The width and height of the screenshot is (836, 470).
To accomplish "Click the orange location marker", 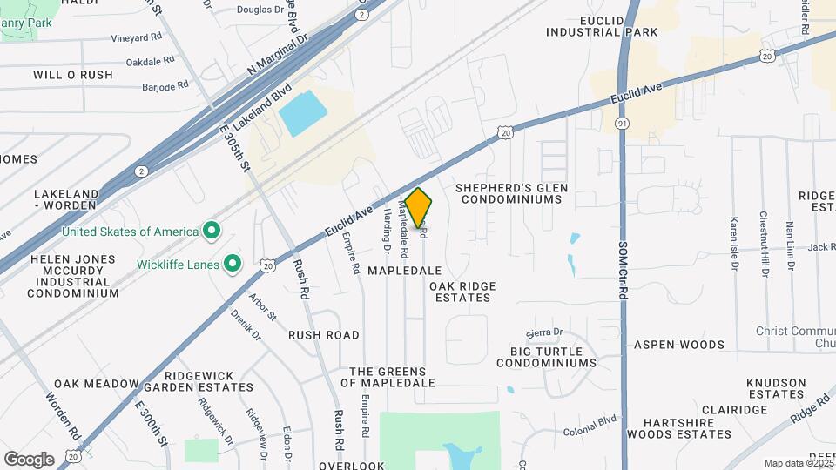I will pyautogui.click(x=419, y=208).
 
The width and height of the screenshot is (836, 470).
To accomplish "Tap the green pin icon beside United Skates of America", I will pyautogui.click(x=210, y=232).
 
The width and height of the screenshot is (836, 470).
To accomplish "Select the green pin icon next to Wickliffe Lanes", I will pyautogui.click(x=233, y=262).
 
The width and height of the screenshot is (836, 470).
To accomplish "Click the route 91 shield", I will pyautogui.click(x=622, y=124).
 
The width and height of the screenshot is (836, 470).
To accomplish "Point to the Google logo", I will pyautogui.click(x=29, y=459).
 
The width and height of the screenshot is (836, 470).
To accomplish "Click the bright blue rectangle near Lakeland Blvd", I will pyautogui.click(x=302, y=114).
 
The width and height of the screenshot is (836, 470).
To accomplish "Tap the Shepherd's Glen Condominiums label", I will pyautogui.click(x=514, y=193).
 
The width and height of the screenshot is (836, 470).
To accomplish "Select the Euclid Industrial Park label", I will pyautogui.click(x=602, y=26).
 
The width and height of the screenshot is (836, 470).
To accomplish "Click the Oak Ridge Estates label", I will pyautogui.click(x=462, y=292).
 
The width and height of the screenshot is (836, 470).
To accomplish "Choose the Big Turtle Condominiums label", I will pyautogui.click(x=546, y=356).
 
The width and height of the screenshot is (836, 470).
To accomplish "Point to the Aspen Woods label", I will pyautogui.click(x=678, y=345).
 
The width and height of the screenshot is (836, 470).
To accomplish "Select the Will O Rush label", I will pyautogui.click(x=73, y=75).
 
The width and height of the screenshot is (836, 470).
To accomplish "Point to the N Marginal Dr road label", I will pyautogui.click(x=278, y=56).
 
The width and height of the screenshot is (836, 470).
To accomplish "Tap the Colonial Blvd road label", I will pyautogui.click(x=590, y=422).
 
